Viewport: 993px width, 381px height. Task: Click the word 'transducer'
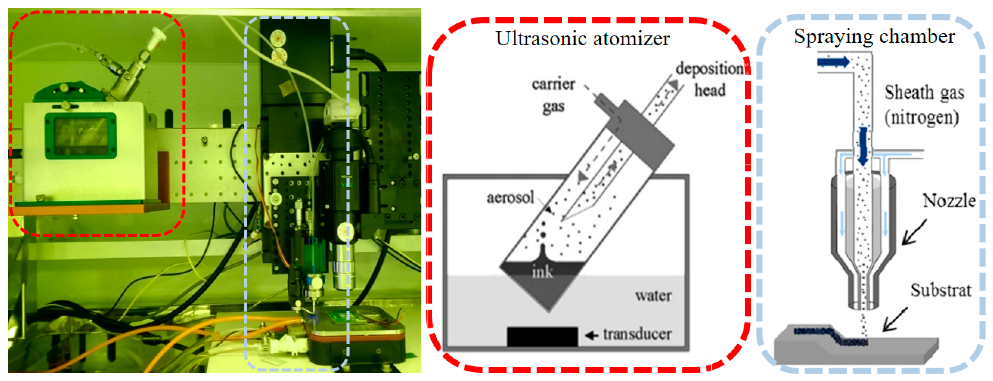tap(637, 334)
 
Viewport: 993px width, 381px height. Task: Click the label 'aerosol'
tap(510, 198)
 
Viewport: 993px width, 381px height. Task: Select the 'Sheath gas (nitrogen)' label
tap(924, 105)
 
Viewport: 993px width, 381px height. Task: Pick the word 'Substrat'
tap(941, 290)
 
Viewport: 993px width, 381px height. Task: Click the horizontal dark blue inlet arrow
tap(833, 62)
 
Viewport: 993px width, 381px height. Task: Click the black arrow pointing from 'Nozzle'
tap(914, 233)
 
